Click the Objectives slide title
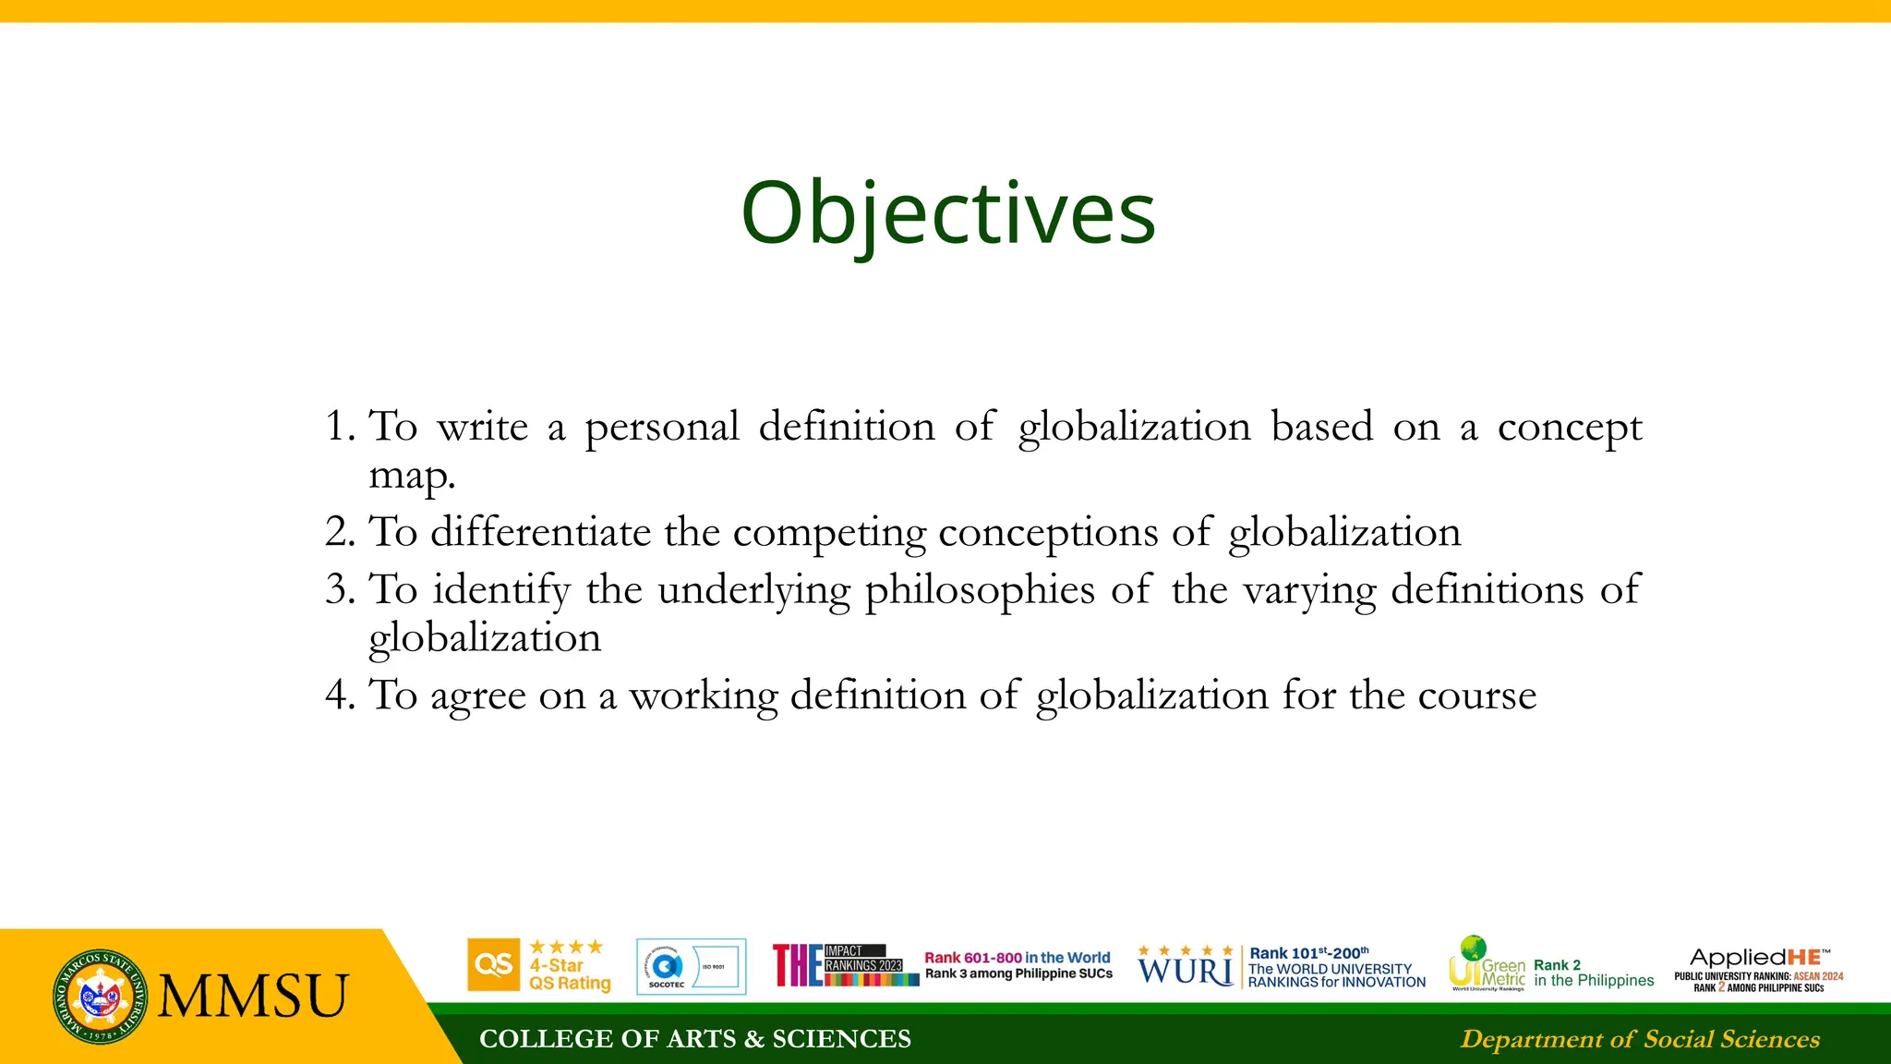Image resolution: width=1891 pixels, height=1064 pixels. [x=948, y=213]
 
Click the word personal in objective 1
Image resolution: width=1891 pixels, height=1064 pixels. [x=662, y=428]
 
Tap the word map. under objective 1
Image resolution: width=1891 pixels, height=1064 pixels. [x=412, y=477]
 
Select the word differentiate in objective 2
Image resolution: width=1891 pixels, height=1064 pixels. [x=540, y=533]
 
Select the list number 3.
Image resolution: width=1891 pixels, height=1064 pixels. [x=338, y=590]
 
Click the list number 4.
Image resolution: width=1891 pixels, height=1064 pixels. [x=338, y=695]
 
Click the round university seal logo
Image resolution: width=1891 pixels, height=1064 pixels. [x=100, y=997]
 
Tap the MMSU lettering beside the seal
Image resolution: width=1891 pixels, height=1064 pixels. [x=253, y=997]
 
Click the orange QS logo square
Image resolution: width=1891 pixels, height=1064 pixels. [x=494, y=965]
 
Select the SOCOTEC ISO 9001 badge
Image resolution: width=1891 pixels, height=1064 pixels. [x=691, y=967]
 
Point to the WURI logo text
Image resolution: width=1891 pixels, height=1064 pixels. [x=1186, y=970]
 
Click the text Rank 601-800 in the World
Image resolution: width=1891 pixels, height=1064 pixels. [x=1018, y=958]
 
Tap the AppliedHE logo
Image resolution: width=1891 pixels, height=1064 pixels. [x=1758, y=958]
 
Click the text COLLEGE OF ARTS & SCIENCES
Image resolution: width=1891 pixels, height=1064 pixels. [x=694, y=1039]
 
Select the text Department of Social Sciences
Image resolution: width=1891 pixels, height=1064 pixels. [x=1640, y=1039]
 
